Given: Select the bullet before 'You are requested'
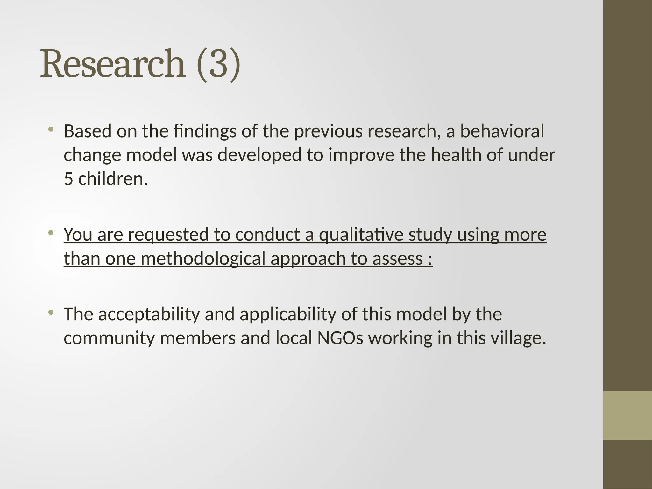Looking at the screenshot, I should tap(50, 233).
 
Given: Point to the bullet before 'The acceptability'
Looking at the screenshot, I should tap(50, 313).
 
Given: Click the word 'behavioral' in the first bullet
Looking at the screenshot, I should tap(502, 131).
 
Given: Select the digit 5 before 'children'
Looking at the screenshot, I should tap(68, 179).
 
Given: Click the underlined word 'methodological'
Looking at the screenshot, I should tap(203, 258).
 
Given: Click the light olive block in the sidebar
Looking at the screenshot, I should tap(627, 415).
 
